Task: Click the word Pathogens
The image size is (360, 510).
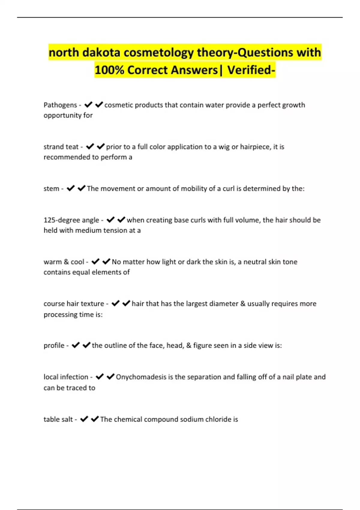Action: [x=60, y=105]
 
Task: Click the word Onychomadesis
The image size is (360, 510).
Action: [x=141, y=377]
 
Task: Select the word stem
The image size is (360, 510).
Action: [x=51, y=189]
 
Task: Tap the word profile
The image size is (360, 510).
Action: [x=54, y=346]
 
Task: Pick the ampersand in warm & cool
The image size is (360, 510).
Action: [x=66, y=262]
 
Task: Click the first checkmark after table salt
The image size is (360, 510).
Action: [x=84, y=419]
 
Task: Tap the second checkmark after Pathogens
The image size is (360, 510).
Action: [x=99, y=105]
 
